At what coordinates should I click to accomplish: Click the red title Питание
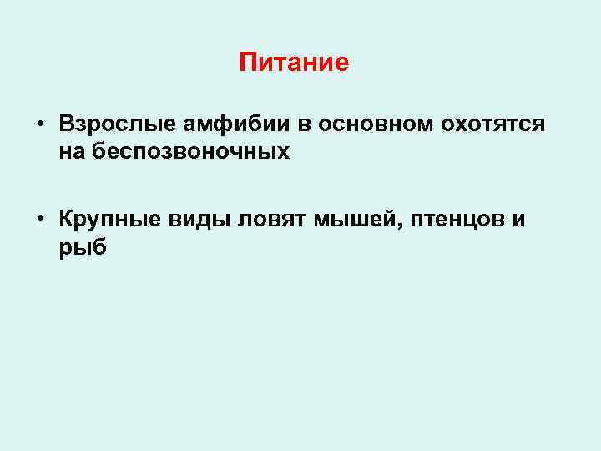point(293,63)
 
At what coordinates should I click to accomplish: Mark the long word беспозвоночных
point(188,151)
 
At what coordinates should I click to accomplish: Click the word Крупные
point(102,220)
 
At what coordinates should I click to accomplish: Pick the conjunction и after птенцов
point(519,220)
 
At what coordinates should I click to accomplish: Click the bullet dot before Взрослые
point(40,125)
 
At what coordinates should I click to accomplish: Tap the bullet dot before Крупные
point(40,221)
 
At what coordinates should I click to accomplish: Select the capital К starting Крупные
point(66,220)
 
